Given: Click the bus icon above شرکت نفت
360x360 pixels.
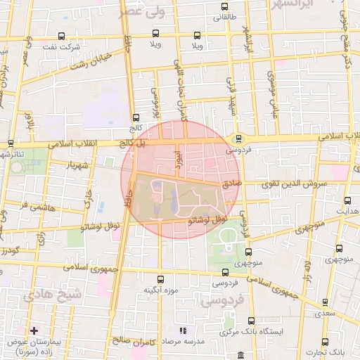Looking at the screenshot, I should click(62, 35).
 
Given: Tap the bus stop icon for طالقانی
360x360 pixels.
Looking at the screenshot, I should click(224, 6).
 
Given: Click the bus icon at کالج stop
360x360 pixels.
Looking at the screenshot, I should click(136, 117).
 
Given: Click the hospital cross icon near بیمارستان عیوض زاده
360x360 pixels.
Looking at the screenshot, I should click(33, 330).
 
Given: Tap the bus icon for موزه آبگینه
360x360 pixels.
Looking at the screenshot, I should click(160, 279).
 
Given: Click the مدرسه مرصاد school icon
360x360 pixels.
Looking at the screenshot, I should click(183, 330).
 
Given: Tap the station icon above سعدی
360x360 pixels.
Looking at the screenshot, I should click(325, 302).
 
